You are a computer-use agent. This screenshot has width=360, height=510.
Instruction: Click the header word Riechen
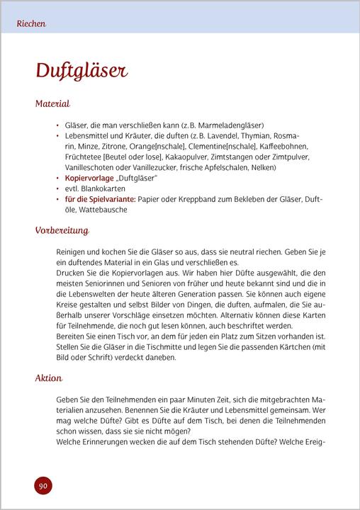coord(31,23)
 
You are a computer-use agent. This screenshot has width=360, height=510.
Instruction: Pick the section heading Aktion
coord(49,378)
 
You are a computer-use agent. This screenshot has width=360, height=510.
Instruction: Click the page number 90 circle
coord(43,485)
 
